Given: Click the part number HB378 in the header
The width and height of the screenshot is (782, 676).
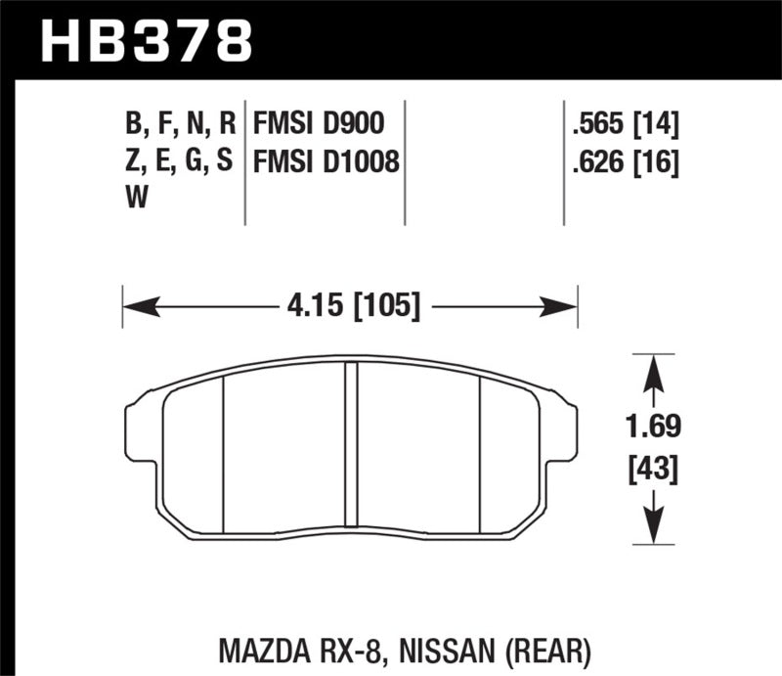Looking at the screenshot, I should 147,41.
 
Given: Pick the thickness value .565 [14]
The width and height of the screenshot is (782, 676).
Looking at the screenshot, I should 621,122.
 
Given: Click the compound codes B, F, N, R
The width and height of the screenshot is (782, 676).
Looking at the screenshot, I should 178,123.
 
